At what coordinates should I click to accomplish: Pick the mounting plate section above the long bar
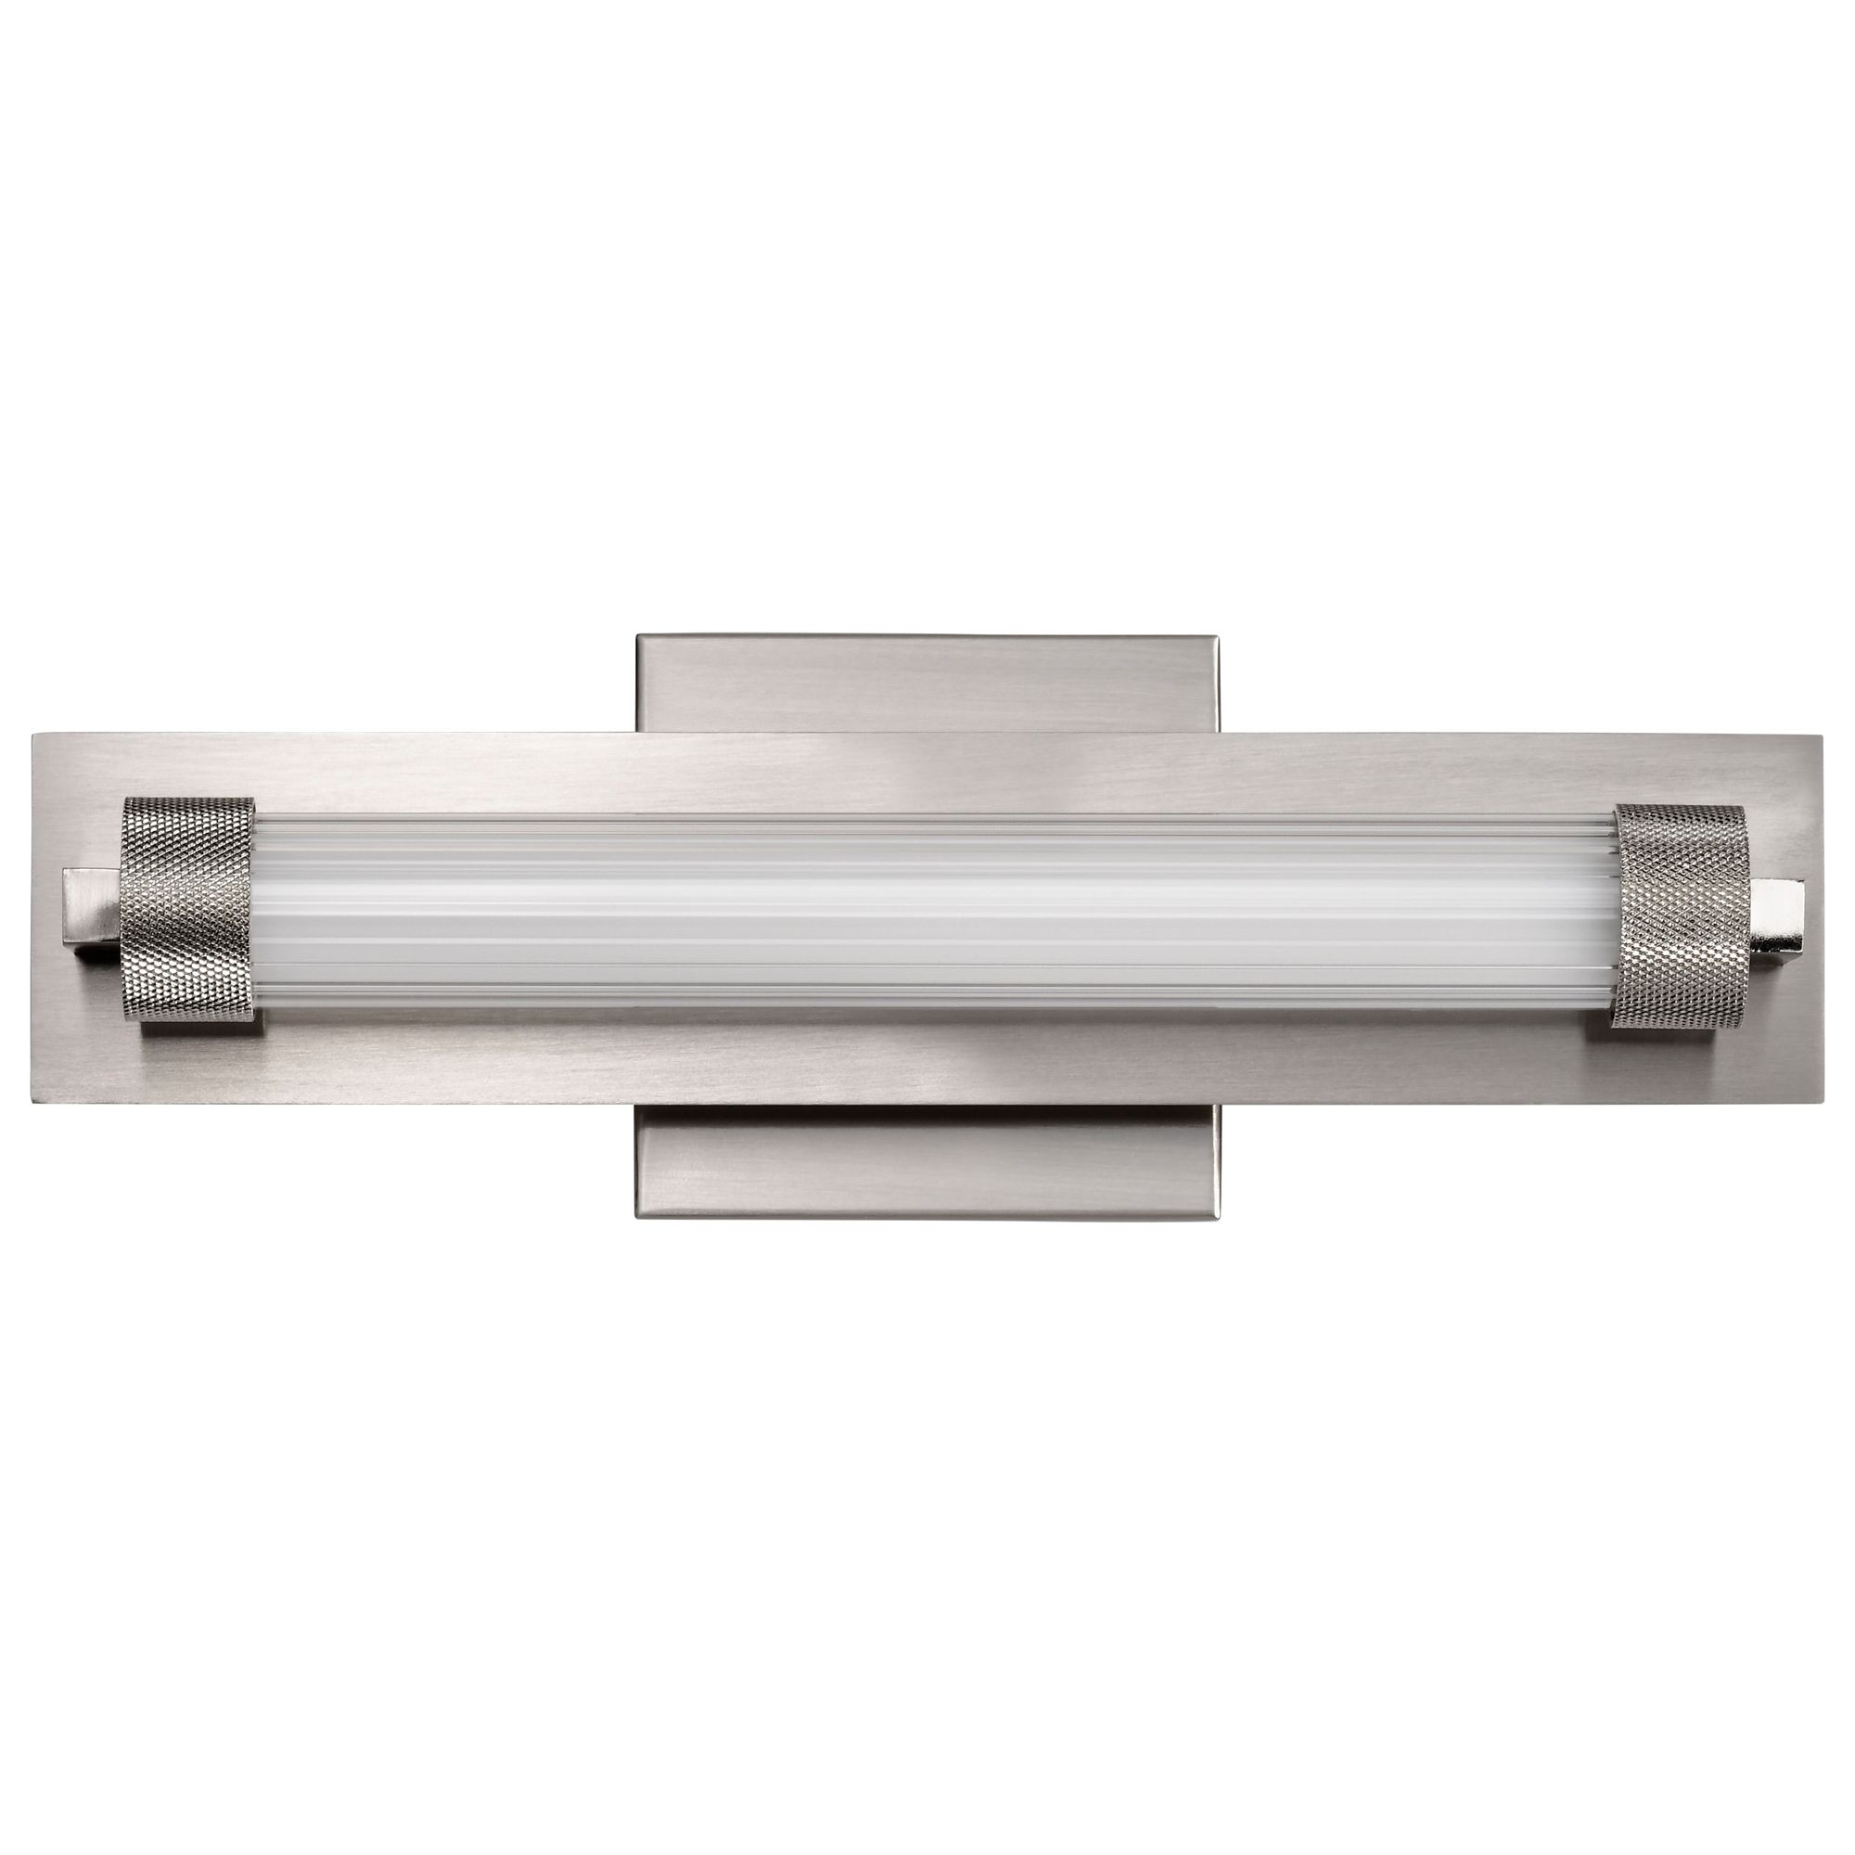click(927, 682)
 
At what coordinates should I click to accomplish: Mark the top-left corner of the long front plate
click(34, 736)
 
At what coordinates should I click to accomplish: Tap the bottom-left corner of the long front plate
click(34, 1104)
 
